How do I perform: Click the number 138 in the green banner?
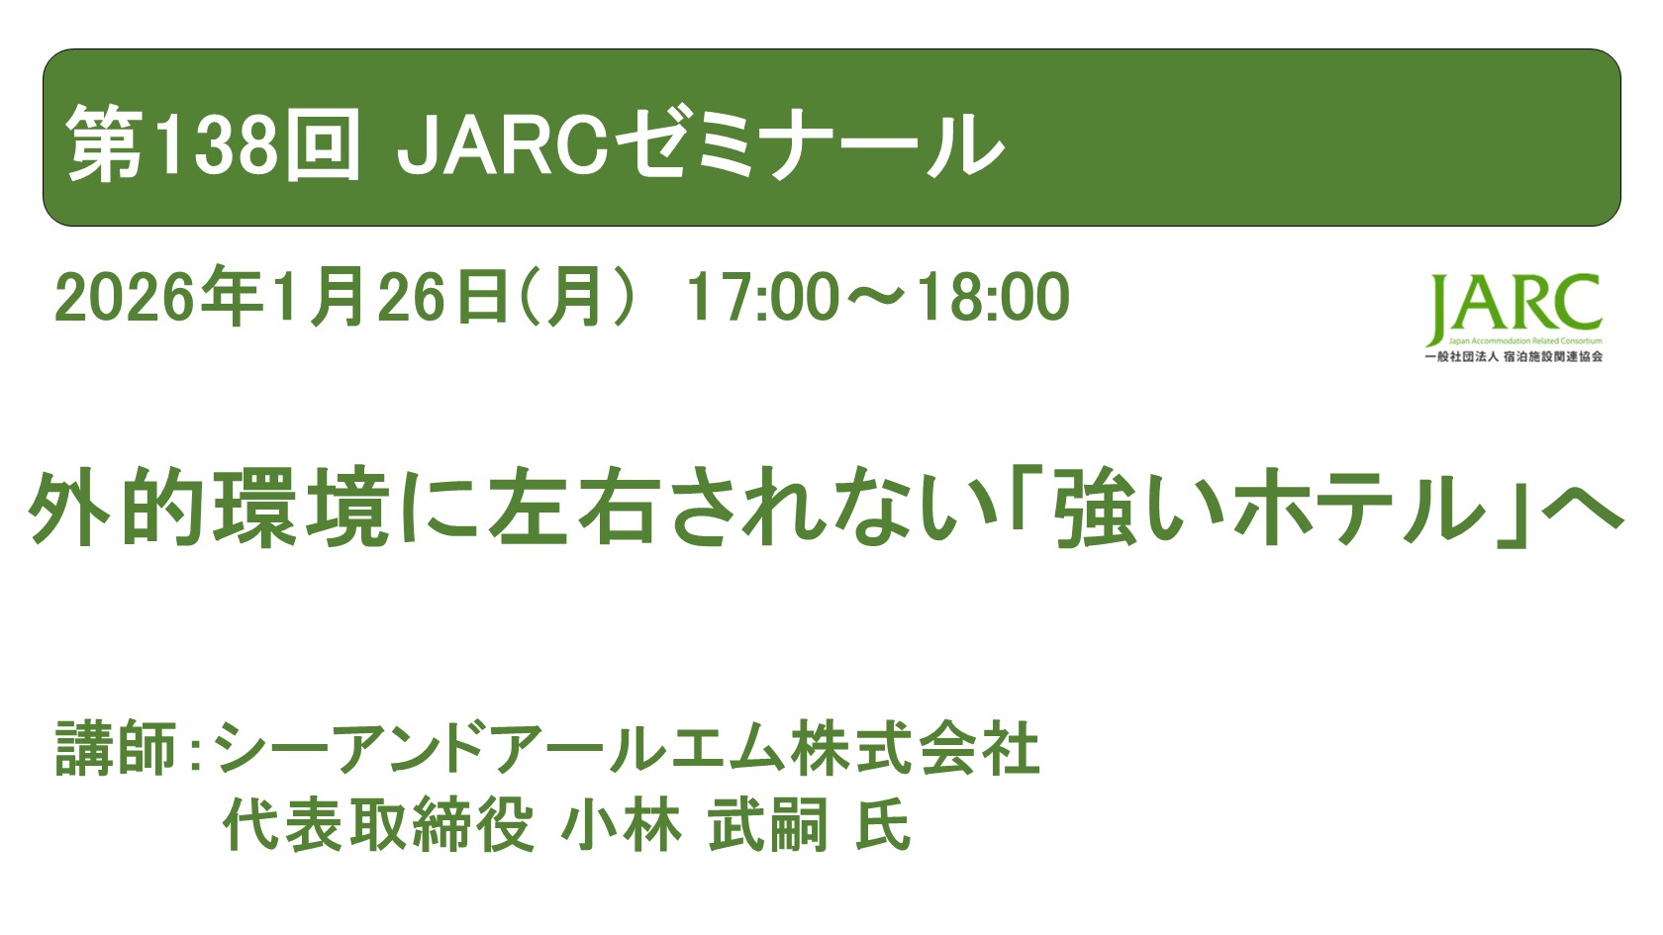(216, 144)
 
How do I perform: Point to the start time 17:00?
(763, 297)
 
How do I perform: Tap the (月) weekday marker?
(575, 297)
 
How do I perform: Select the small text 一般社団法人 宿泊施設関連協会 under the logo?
(1513, 356)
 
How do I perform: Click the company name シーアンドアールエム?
(501, 749)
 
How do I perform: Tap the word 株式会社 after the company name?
(916, 749)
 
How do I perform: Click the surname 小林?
(622, 825)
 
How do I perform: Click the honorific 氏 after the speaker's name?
(883, 825)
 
